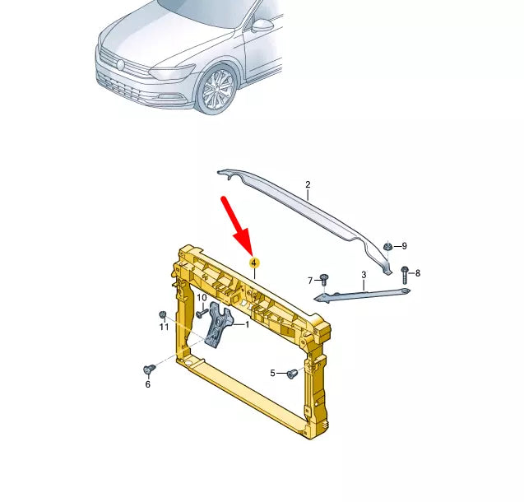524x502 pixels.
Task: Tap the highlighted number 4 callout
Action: (x=254, y=263)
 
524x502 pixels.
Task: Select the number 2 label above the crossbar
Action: (x=308, y=185)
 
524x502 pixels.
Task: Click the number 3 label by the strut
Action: (x=363, y=275)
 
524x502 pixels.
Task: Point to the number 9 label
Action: (x=404, y=245)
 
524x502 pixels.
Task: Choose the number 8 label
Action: (x=418, y=273)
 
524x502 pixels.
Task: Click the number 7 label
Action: (x=310, y=281)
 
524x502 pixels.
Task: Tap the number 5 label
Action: (x=273, y=374)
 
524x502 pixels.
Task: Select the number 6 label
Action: (x=148, y=384)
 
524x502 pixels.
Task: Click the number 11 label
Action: (x=164, y=327)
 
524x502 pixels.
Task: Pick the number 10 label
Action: (x=202, y=298)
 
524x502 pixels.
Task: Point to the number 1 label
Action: (x=246, y=325)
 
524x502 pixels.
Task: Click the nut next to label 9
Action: (x=388, y=245)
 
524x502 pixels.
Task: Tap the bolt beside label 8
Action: (x=405, y=272)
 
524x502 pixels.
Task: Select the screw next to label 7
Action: (x=323, y=280)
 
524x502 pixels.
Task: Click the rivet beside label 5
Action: (x=290, y=374)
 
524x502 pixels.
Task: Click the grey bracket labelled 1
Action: (x=217, y=327)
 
